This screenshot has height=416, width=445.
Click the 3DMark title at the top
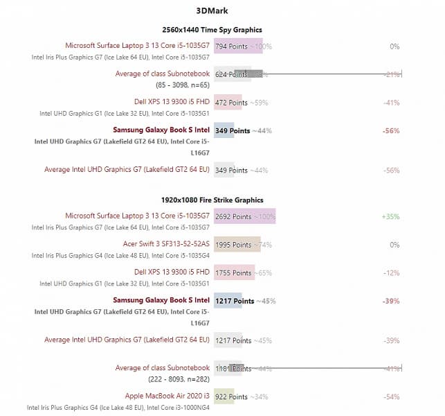(x=212, y=11)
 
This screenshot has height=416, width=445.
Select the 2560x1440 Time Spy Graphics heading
(x=212, y=30)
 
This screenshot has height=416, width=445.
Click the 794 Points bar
(x=238, y=46)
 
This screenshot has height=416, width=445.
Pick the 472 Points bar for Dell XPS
(x=228, y=103)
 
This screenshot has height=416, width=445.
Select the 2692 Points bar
(x=244, y=216)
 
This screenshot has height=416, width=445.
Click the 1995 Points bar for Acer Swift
(x=237, y=245)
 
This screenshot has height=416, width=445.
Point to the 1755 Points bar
(x=233, y=273)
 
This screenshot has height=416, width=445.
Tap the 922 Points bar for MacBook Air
(x=224, y=397)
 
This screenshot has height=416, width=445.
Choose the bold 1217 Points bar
(x=228, y=302)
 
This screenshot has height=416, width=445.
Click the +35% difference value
(x=390, y=216)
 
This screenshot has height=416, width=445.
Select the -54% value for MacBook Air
(x=392, y=397)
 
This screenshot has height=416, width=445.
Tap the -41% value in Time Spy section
(x=392, y=103)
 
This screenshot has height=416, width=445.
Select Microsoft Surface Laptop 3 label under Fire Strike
(x=137, y=216)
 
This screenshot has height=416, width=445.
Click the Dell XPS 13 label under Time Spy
(x=172, y=102)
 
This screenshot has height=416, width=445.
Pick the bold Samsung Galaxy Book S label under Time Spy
(x=161, y=130)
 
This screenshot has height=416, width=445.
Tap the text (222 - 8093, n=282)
(x=178, y=379)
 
